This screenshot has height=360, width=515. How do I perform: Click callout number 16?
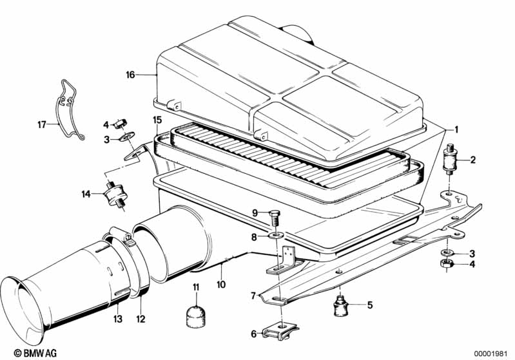pyautogui.click(x=130, y=75)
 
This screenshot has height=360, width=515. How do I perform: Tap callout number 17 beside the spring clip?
pyautogui.click(x=42, y=124)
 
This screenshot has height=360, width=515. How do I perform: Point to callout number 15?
pyautogui.click(x=157, y=120)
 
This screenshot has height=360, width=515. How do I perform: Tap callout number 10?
pyautogui.click(x=220, y=284)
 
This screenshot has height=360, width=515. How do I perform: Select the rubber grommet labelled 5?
pyautogui.click(x=340, y=304)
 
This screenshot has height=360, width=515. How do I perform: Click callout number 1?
pyautogui.click(x=456, y=129)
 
